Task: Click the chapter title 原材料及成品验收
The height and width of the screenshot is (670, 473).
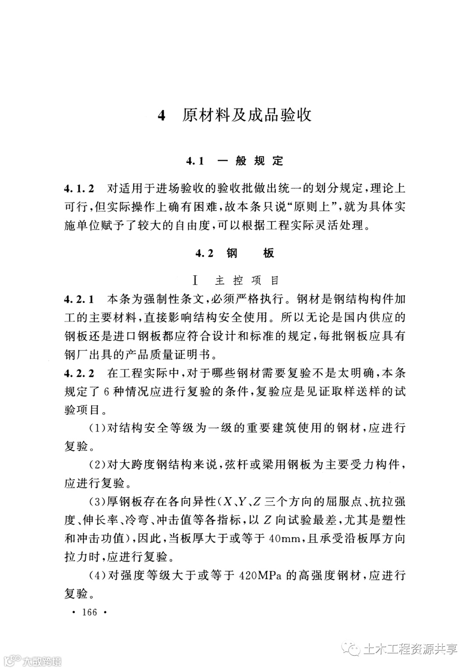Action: tap(247, 115)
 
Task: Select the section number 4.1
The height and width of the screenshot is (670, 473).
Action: tap(195, 161)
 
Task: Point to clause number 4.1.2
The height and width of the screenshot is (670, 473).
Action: tap(79, 189)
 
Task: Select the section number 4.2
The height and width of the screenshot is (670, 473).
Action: tap(205, 253)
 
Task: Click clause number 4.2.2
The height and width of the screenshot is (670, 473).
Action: tap(79, 373)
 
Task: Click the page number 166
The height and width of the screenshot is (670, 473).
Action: tap(89, 612)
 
